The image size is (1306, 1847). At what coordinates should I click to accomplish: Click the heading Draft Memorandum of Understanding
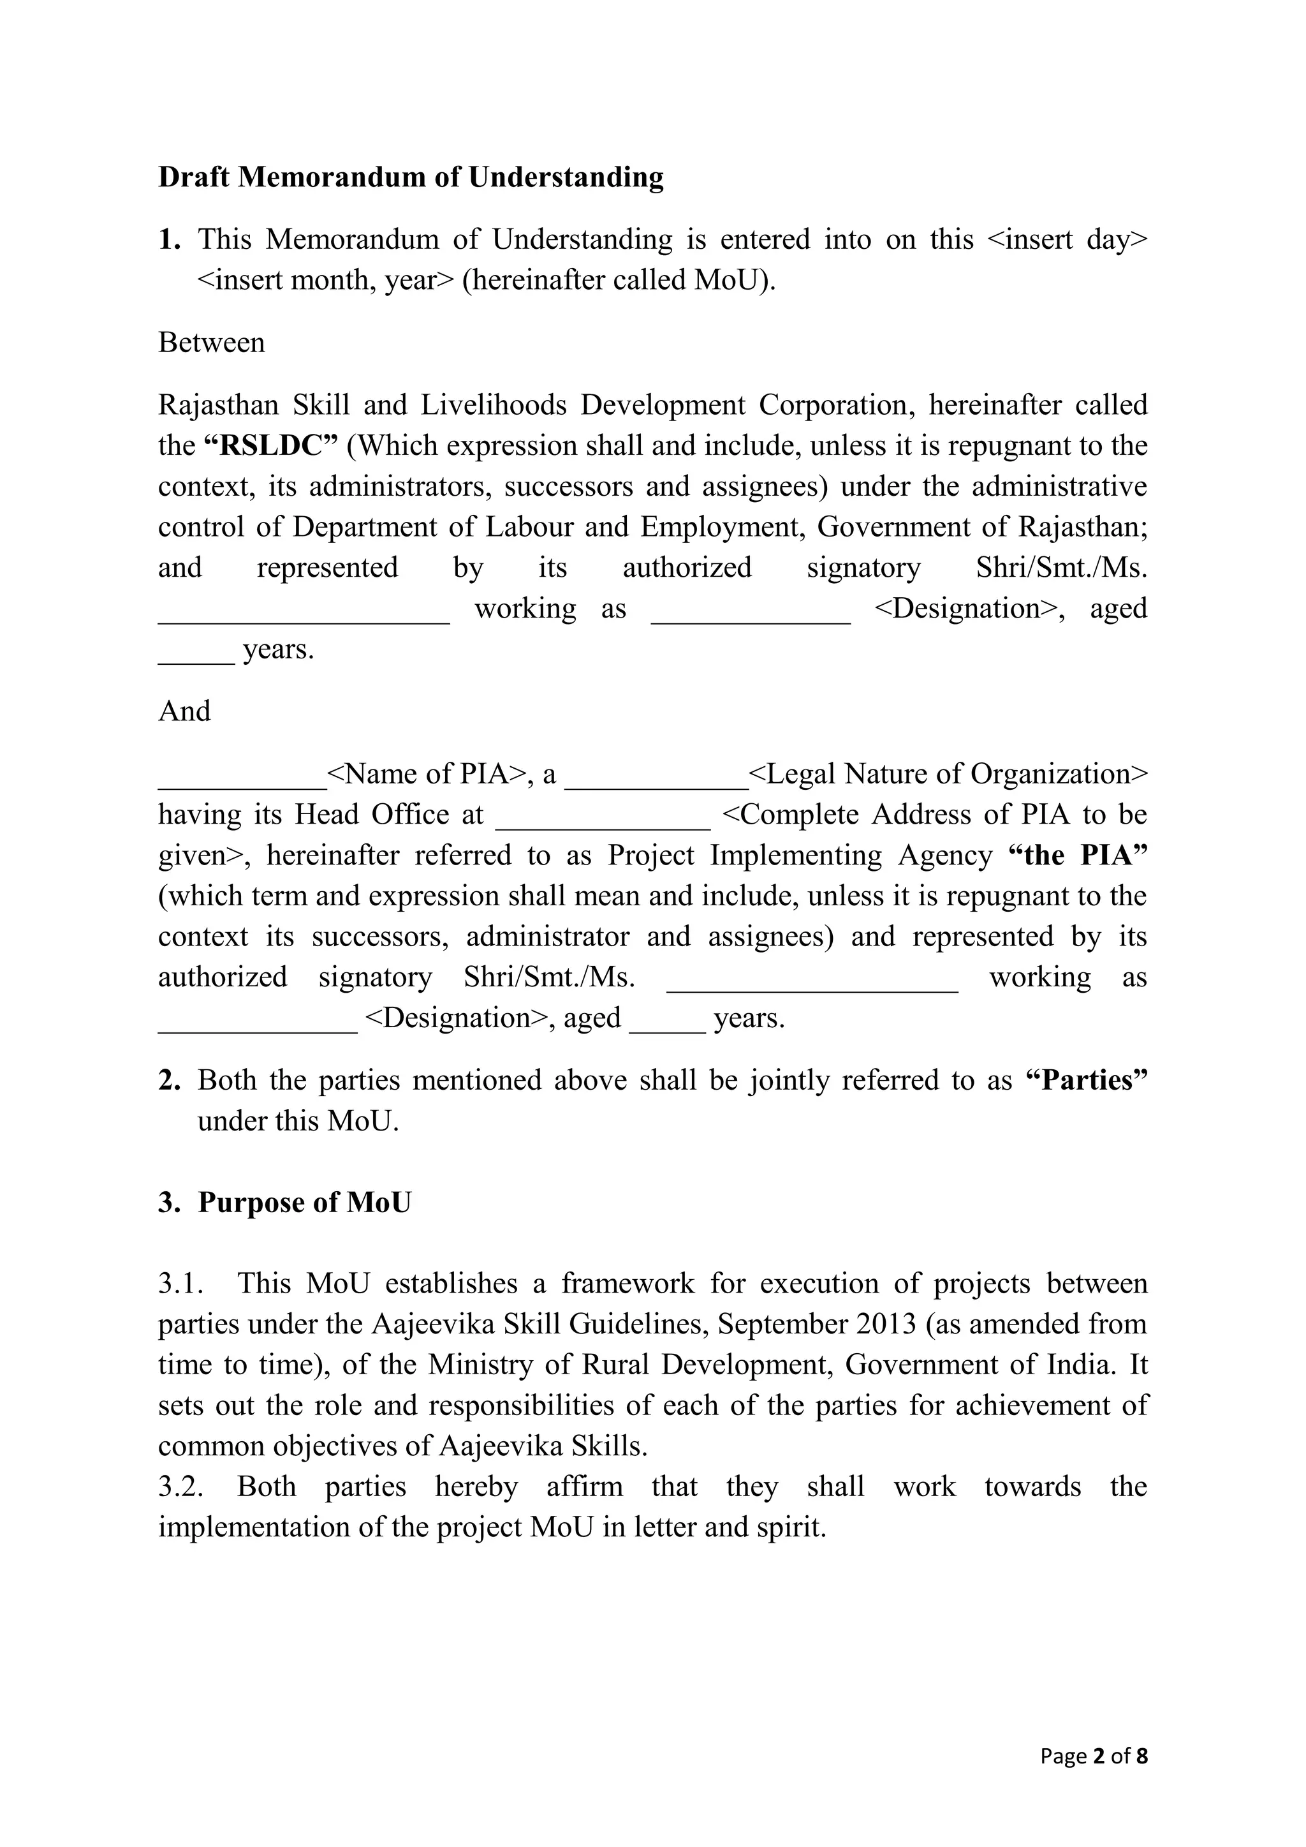coord(410,177)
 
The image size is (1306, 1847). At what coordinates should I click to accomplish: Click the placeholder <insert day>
coord(1066,240)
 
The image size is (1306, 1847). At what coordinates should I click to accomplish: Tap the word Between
coord(212,343)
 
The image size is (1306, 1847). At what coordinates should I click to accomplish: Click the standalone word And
coord(184,711)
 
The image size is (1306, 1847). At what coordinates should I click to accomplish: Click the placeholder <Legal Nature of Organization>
coord(948,774)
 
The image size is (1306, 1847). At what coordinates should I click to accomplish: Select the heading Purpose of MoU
coord(304,1203)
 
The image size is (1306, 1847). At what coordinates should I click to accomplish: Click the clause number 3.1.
coord(180,1283)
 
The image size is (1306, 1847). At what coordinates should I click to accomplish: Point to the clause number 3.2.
coord(180,1487)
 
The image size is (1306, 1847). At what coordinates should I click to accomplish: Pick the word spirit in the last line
coord(791,1527)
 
